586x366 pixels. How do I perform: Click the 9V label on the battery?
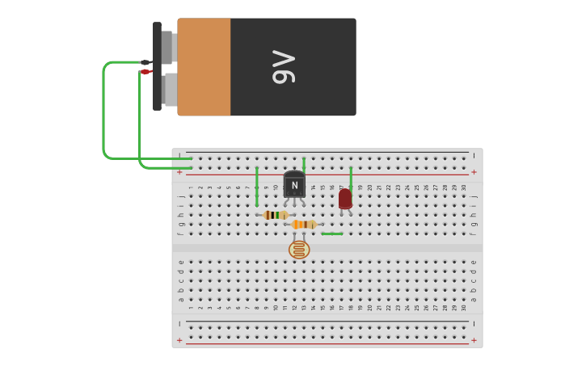click(284, 67)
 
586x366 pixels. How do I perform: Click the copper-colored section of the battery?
click(204, 67)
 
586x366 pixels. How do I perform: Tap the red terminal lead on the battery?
click(145, 72)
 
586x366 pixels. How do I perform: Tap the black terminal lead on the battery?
click(145, 62)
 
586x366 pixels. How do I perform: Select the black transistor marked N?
click(294, 184)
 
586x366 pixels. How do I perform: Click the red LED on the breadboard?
click(345, 198)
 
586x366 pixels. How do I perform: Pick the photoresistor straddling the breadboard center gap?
click(299, 249)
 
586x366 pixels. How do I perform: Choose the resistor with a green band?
click(276, 215)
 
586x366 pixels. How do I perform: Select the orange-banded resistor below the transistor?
click(304, 225)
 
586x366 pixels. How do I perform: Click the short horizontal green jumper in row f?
click(331, 233)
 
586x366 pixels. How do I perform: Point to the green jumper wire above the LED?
click(350, 177)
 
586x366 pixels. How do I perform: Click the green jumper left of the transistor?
click(257, 186)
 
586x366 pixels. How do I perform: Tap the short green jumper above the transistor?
click(304, 163)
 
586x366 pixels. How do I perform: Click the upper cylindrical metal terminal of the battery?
click(167, 47)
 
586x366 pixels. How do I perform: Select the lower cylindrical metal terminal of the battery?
click(169, 90)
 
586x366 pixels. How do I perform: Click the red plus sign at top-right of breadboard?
click(474, 172)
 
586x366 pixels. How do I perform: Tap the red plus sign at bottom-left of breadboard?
click(179, 340)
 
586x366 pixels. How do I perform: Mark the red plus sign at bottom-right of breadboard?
click(474, 340)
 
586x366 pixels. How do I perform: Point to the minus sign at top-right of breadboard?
click(474, 155)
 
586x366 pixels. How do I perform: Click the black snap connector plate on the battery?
click(157, 66)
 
